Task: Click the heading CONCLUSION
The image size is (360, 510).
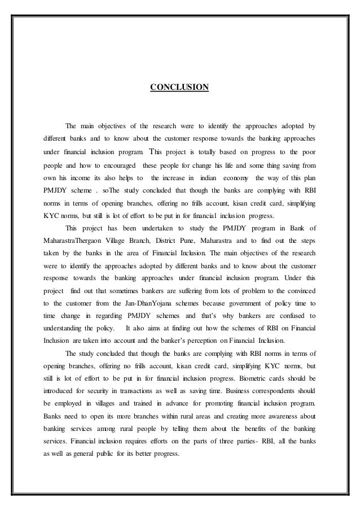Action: (x=179, y=88)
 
